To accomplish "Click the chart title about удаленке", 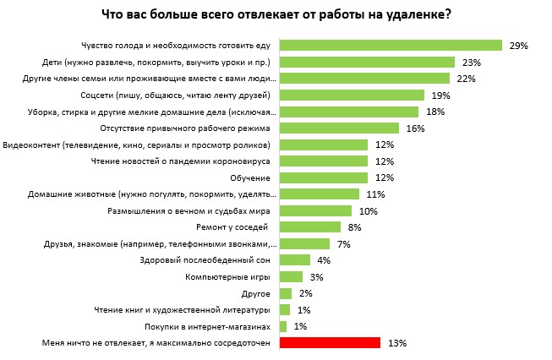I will pos(276,14).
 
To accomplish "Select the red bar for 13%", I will pos(330,343).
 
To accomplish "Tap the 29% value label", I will pos(518,46).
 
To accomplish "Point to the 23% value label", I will pos(471,63).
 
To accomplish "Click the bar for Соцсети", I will pos(354,95).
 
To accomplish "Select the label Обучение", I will pos(249,177).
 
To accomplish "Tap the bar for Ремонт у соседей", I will pos(309,227).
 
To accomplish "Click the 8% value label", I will pos(355,227).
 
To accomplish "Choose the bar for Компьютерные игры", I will pos(291,276).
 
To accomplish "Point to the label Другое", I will pos(255,293).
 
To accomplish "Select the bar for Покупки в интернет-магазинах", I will pos(283,326).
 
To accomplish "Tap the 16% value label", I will pos(414,128).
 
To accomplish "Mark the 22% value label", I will pos(466,79).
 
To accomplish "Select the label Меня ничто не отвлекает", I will pos(156,343).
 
